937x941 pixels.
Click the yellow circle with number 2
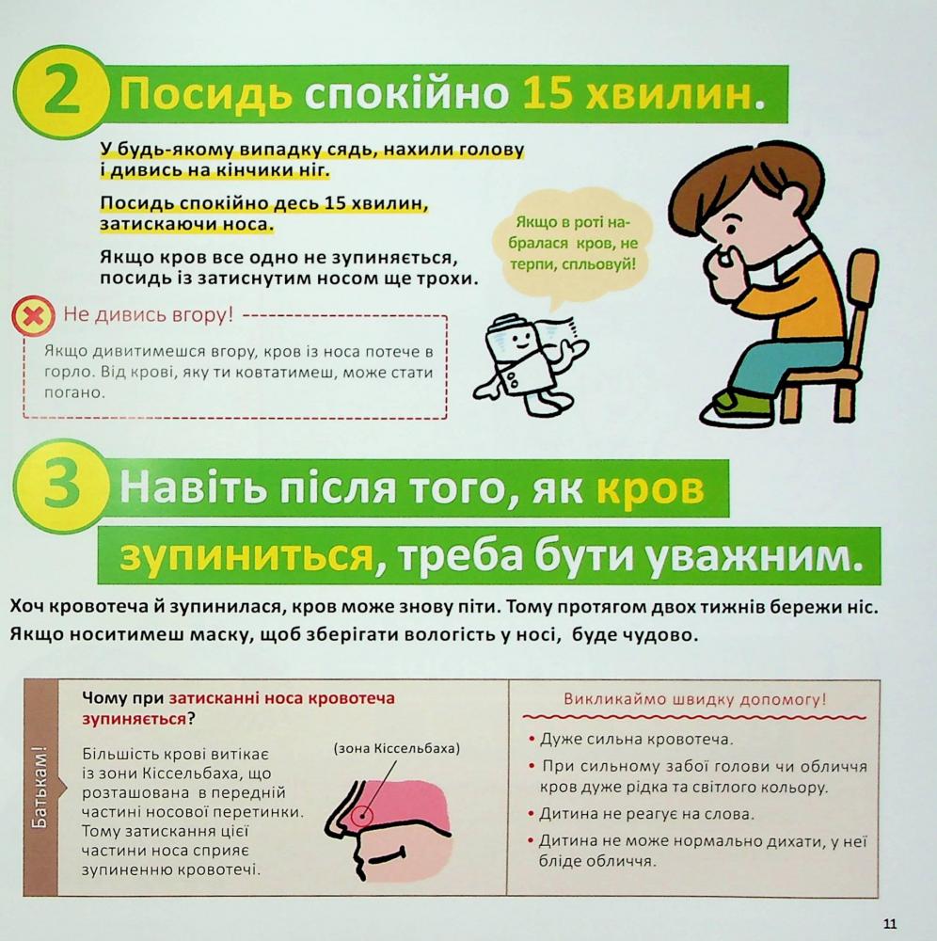coord(60,94)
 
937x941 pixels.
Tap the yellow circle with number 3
coord(60,486)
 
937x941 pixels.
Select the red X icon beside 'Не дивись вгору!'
coord(32,315)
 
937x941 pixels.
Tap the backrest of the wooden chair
coord(862,300)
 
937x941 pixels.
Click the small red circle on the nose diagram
coord(361,816)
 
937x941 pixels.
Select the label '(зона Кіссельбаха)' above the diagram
coord(396,748)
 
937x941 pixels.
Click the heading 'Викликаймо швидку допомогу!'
coord(694,699)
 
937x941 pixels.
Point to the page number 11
coord(890,924)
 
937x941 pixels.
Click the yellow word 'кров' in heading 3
coord(650,487)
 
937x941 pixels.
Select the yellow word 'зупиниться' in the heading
coord(246,556)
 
